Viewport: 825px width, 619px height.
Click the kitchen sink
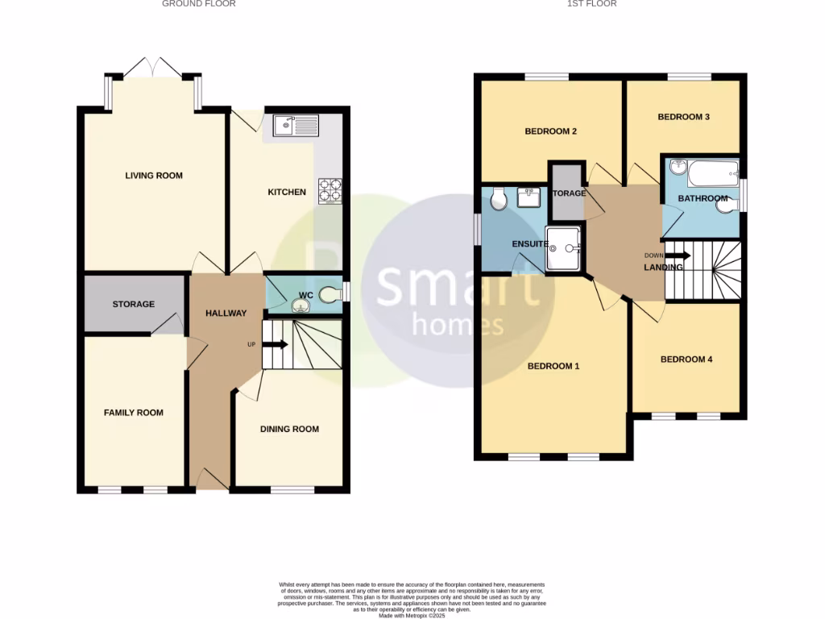pyautogui.click(x=296, y=125)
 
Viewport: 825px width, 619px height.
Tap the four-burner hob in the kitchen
pyautogui.click(x=330, y=190)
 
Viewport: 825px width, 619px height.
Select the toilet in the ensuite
pyautogui.click(x=496, y=197)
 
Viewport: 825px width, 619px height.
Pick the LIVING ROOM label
pyautogui.click(x=153, y=176)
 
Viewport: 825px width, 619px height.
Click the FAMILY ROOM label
pyautogui.click(x=134, y=413)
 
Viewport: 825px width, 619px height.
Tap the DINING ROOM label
pyautogui.click(x=289, y=430)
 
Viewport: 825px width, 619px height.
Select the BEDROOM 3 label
pyautogui.click(x=683, y=117)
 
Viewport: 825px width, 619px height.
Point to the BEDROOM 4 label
pyautogui.click(x=686, y=359)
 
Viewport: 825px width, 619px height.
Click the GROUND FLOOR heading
pyautogui.click(x=198, y=4)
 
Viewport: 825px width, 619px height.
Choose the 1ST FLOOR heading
pyautogui.click(x=592, y=4)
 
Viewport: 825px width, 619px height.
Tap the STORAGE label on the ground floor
pyautogui.click(x=134, y=305)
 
